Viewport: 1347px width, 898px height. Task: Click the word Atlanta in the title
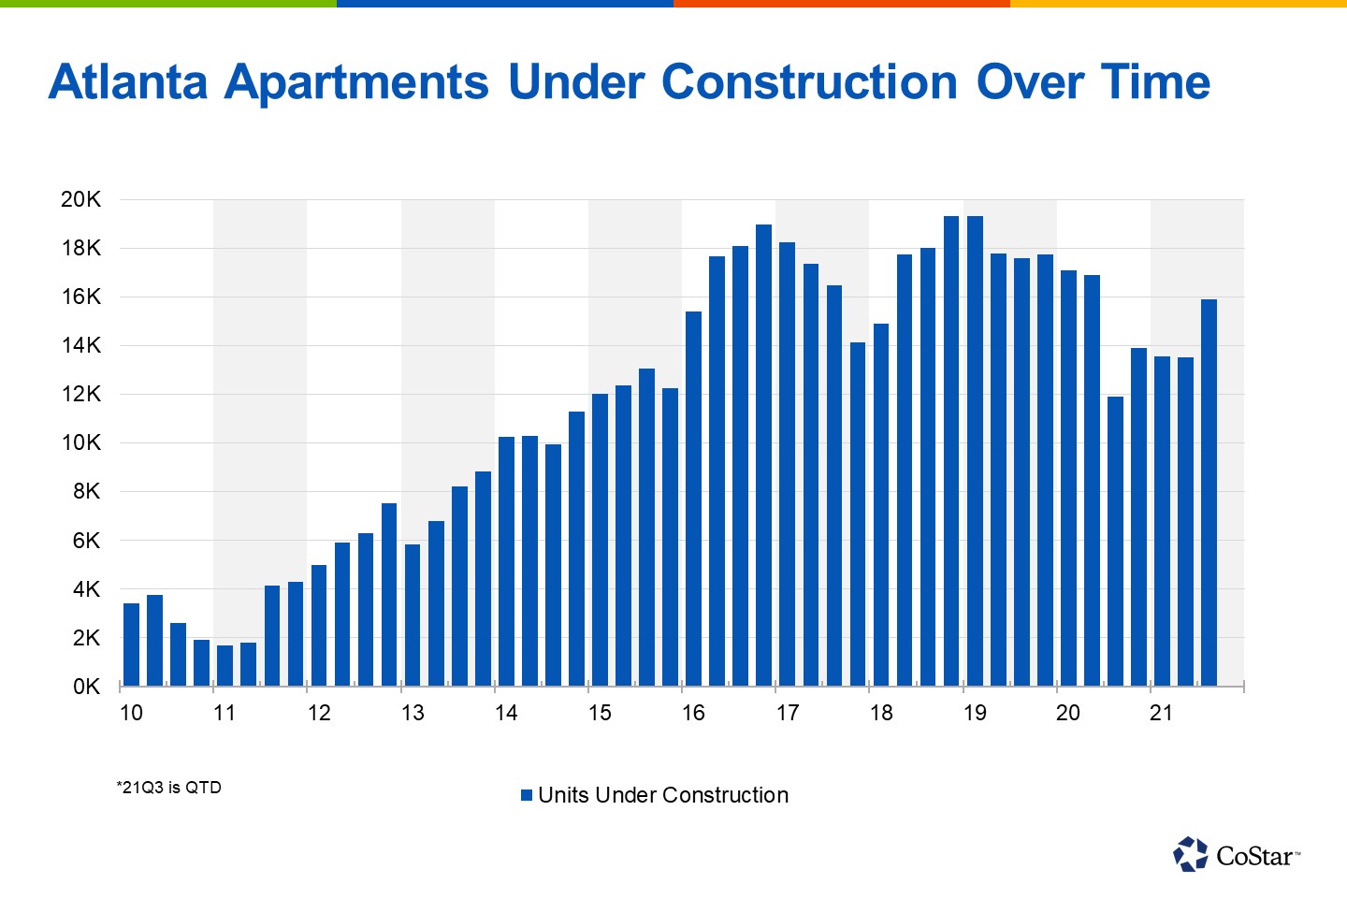pyautogui.click(x=128, y=82)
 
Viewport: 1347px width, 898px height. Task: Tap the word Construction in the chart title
pyautogui.click(x=809, y=82)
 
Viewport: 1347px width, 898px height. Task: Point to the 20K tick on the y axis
pyautogui.click(x=80, y=199)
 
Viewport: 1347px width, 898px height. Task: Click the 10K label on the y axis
pyautogui.click(x=80, y=442)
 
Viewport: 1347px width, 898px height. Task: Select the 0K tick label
pyautogui.click(x=86, y=687)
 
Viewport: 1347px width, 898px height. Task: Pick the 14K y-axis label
pyautogui.click(x=80, y=345)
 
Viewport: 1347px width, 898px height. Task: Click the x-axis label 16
pyautogui.click(x=693, y=713)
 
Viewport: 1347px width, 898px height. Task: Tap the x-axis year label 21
pyautogui.click(x=1161, y=713)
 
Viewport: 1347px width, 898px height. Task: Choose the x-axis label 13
pyautogui.click(x=413, y=713)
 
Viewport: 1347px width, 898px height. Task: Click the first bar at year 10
pyautogui.click(x=131, y=645)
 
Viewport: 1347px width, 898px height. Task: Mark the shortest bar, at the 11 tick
pyautogui.click(x=224, y=665)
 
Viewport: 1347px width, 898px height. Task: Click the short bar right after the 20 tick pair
pyautogui.click(x=1115, y=542)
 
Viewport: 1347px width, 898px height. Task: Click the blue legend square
pyautogui.click(x=527, y=795)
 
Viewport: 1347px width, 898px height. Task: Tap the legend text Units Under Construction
pyautogui.click(x=663, y=795)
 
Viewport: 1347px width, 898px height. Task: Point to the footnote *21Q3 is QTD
pyautogui.click(x=169, y=788)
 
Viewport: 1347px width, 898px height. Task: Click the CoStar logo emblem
pyautogui.click(x=1191, y=854)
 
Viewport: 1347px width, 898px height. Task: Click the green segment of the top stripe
pyautogui.click(x=168, y=4)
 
